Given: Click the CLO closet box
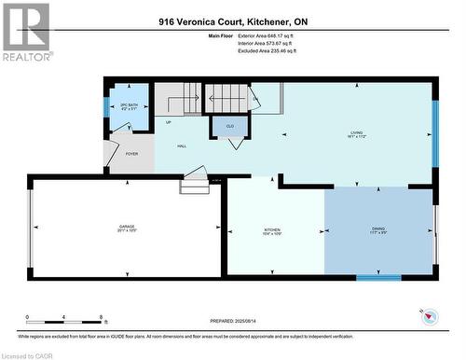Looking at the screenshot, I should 229,124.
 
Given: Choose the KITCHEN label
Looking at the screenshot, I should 272,230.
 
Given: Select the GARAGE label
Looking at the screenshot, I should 127,228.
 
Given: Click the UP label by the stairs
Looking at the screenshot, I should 168,122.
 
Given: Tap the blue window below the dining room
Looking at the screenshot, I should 378,277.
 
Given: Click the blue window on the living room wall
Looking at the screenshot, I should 434,133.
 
